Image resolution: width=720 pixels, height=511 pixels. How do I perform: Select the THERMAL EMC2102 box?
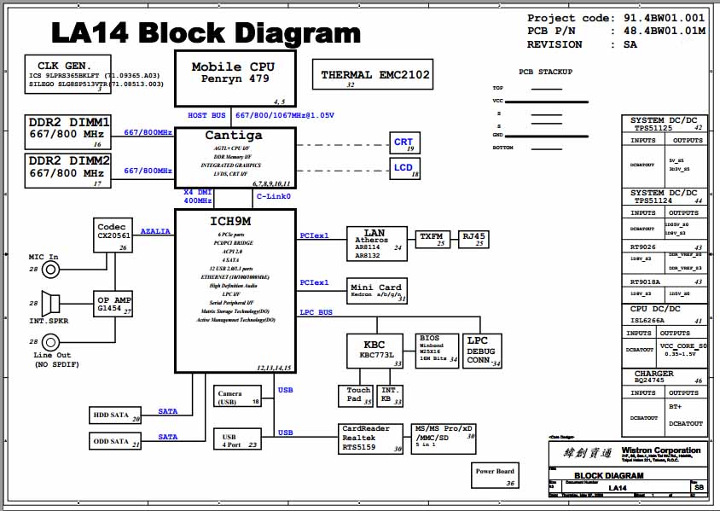[x=375, y=76]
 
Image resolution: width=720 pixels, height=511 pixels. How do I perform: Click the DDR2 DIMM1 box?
[x=69, y=132]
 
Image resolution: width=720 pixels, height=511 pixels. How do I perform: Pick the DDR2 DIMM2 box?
[x=69, y=171]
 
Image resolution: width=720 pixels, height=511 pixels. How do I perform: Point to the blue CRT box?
[x=404, y=143]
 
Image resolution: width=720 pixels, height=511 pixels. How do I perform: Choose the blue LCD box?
[x=404, y=168]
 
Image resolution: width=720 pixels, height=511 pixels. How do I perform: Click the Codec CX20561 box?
[x=113, y=236]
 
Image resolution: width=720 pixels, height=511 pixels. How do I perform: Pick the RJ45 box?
[x=473, y=238]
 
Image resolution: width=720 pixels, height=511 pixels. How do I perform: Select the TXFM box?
[x=433, y=238]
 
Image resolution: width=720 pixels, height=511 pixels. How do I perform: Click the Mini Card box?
[x=376, y=291]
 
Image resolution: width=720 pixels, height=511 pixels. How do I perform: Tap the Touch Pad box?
[x=356, y=395]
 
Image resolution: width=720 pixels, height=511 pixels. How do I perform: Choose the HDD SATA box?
[x=116, y=415]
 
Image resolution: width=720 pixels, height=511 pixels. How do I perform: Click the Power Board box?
[x=495, y=475]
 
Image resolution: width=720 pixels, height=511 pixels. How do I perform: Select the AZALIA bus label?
[x=155, y=231]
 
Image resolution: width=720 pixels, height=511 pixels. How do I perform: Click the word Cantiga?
[x=234, y=136]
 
